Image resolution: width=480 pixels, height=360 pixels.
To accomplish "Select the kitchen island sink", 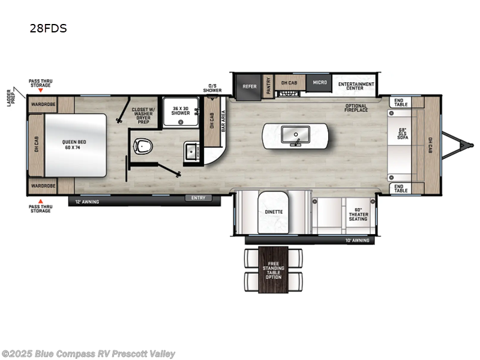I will click(295, 133).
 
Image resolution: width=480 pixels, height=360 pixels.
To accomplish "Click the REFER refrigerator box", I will click(249, 86).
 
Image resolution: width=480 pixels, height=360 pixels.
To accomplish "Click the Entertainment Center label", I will click(356, 86).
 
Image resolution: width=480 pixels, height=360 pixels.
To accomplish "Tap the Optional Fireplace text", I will click(356, 109).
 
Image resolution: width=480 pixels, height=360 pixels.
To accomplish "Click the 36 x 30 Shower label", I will click(181, 111).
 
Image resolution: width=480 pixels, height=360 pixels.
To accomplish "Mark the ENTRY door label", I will click(197, 197).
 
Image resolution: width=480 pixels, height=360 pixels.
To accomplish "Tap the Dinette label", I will click(274, 212).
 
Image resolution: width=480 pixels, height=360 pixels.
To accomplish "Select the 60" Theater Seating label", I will click(358, 214).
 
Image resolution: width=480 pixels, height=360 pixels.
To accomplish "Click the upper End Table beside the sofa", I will click(401, 103).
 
